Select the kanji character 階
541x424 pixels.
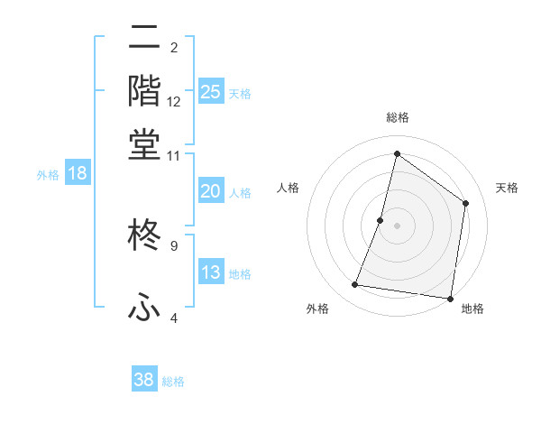[x=144, y=91]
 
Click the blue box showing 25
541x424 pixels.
[x=211, y=91]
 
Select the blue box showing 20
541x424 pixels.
[x=211, y=191]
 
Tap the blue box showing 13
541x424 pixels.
[x=211, y=272]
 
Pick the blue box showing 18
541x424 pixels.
[x=77, y=174]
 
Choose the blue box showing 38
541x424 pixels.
[x=144, y=380]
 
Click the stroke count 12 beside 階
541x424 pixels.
[x=174, y=102]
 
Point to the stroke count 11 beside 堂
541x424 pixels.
[x=174, y=155]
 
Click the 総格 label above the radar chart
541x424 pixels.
[x=397, y=117]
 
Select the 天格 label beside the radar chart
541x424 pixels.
[x=507, y=188]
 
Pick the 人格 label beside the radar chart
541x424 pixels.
[x=289, y=188]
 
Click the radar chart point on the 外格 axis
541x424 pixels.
[x=355, y=285]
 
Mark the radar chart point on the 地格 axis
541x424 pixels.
[x=450, y=298]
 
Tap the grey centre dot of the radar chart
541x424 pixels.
[x=397, y=225]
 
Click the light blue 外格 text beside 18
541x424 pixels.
[x=48, y=175]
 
